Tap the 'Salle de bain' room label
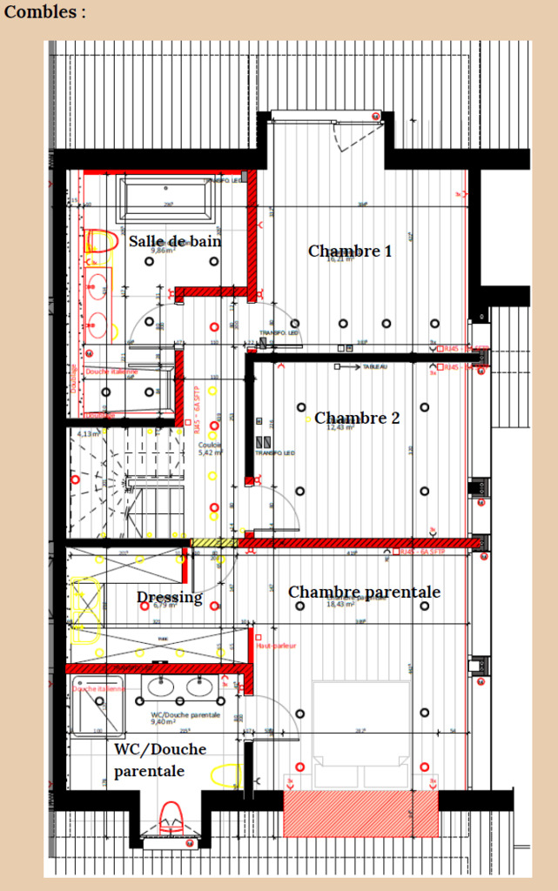(x=174, y=241)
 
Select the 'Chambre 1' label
(x=349, y=251)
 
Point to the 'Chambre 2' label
(x=357, y=418)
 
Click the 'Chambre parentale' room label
(x=364, y=593)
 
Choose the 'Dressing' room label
(x=169, y=598)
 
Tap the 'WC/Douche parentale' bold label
(x=160, y=760)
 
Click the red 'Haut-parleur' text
(x=276, y=646)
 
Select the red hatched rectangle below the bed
(x=360, y=814)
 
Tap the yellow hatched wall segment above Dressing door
(x=213, y=543)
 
